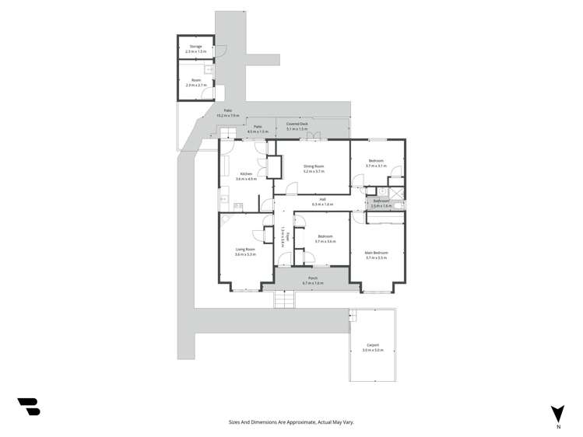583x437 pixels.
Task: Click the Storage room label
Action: (195, 47)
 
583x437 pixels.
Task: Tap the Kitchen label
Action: (246, 173)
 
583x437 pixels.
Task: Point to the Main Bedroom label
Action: (376, 253)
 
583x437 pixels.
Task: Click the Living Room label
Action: (246, 250)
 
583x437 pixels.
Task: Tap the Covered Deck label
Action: (297, 124)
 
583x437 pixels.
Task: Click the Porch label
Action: (312, 278)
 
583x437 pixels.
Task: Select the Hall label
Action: (322, 199)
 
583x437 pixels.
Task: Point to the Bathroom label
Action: (381, 201)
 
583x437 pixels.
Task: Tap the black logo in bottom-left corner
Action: (29, 406)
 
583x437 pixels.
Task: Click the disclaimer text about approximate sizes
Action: (291, 421)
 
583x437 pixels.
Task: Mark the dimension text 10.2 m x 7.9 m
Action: (228, 116)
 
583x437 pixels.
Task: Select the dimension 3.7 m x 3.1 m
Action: (376, 166)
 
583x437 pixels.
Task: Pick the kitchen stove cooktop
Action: (238, 206)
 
